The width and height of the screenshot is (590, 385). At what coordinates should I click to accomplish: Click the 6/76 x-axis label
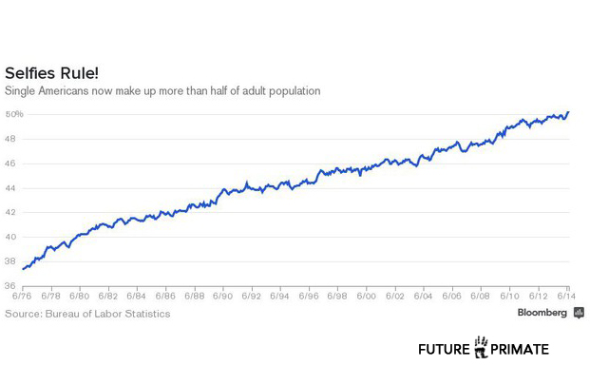click(22, 296)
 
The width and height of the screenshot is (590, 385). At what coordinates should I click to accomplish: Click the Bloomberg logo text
click(542, 312)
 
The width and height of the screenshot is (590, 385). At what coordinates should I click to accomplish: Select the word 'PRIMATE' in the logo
click(521, 349)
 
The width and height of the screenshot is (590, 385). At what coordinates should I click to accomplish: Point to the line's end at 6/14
click(568, 112)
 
